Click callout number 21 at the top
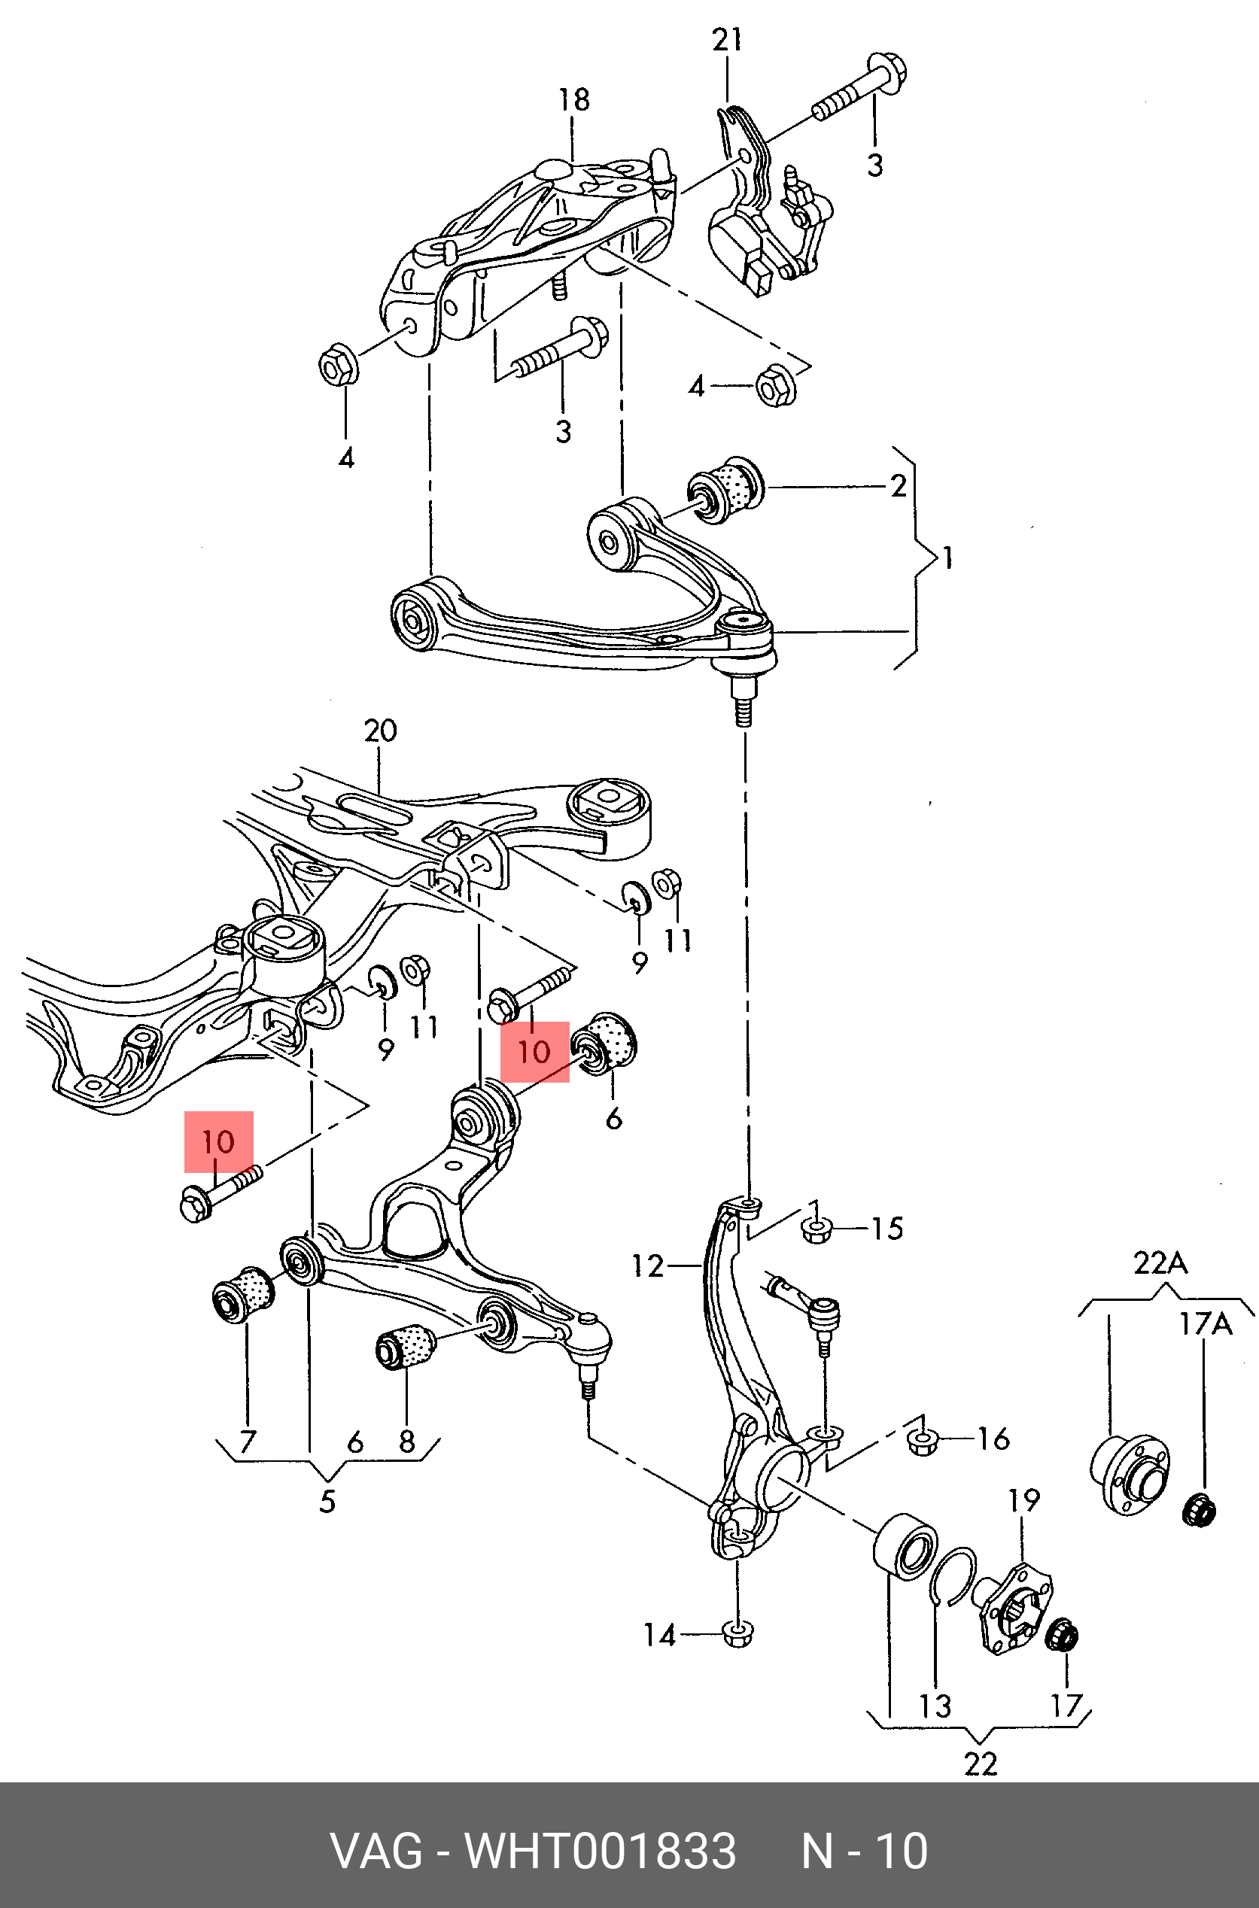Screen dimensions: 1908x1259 coord(727,39)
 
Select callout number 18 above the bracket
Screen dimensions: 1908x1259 coord(574,99)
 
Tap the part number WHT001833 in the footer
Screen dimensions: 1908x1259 coord(600,1850)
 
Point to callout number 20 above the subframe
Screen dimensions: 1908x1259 coord(380,731)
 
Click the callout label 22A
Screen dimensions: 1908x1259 coord(1160,1262)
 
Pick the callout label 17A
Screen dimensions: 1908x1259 coord(1204,1323)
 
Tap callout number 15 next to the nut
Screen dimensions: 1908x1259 coord(887,1228)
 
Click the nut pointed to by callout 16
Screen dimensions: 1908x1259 coord(923,1442)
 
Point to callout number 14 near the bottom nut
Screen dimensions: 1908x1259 coord(660,1635)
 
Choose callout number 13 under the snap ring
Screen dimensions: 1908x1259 coord(935,1706)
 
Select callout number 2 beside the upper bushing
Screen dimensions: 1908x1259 coord(899,485)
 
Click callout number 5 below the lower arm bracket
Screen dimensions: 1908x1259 coord(327,1502)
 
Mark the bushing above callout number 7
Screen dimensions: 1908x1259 coord(242,1294)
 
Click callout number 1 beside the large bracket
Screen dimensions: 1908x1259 coord(948,557)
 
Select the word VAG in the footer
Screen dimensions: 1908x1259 coord(376,1850)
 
